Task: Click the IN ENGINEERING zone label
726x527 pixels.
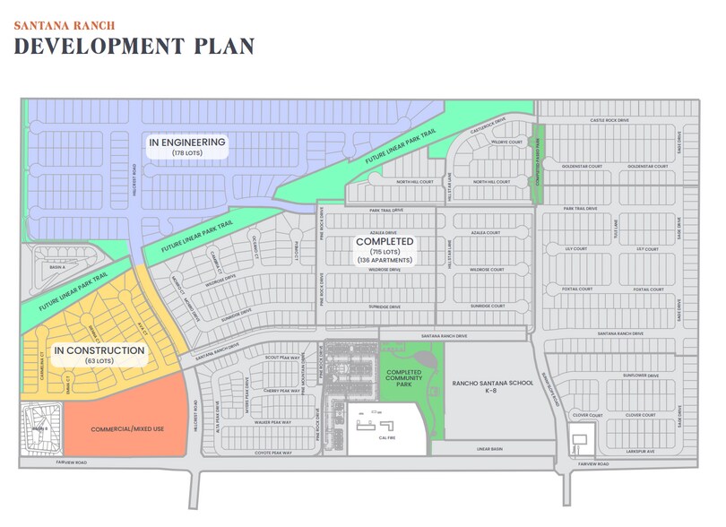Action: click(x=188, y=143)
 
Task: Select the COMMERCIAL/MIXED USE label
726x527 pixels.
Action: click(x=127, y=429)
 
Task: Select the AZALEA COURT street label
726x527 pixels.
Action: click(x=489, y=231)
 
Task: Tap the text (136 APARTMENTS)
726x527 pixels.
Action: click(x=384, y=260)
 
